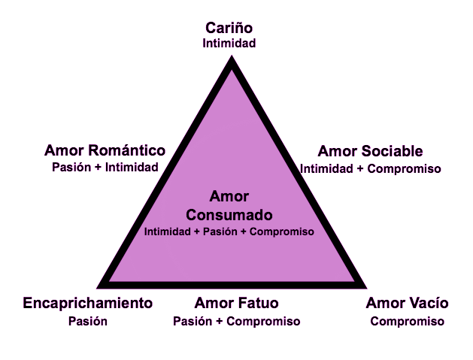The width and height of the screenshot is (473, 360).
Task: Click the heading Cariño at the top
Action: point(229,28)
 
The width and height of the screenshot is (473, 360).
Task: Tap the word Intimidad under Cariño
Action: point(229,44)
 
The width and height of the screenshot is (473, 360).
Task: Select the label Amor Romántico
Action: point(105,150)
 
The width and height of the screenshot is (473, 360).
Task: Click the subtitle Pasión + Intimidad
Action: point(105,167)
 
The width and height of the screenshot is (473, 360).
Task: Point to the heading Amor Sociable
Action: point(370,151)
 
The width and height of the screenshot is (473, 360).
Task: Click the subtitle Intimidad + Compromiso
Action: point(370,168)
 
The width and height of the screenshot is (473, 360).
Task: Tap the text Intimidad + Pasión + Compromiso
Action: point(229,231)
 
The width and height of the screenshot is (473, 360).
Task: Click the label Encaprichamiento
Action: point(88,304)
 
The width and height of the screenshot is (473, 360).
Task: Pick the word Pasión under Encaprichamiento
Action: point(88,321)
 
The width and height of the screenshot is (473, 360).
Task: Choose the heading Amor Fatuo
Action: point(236,304)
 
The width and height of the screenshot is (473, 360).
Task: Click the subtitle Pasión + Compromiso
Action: point(236,321)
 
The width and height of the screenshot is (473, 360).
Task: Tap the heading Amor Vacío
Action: point(407,304)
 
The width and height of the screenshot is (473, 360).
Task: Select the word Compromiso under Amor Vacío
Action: point(407,321)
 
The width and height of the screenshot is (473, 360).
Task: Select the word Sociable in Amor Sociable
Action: point(389,151)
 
